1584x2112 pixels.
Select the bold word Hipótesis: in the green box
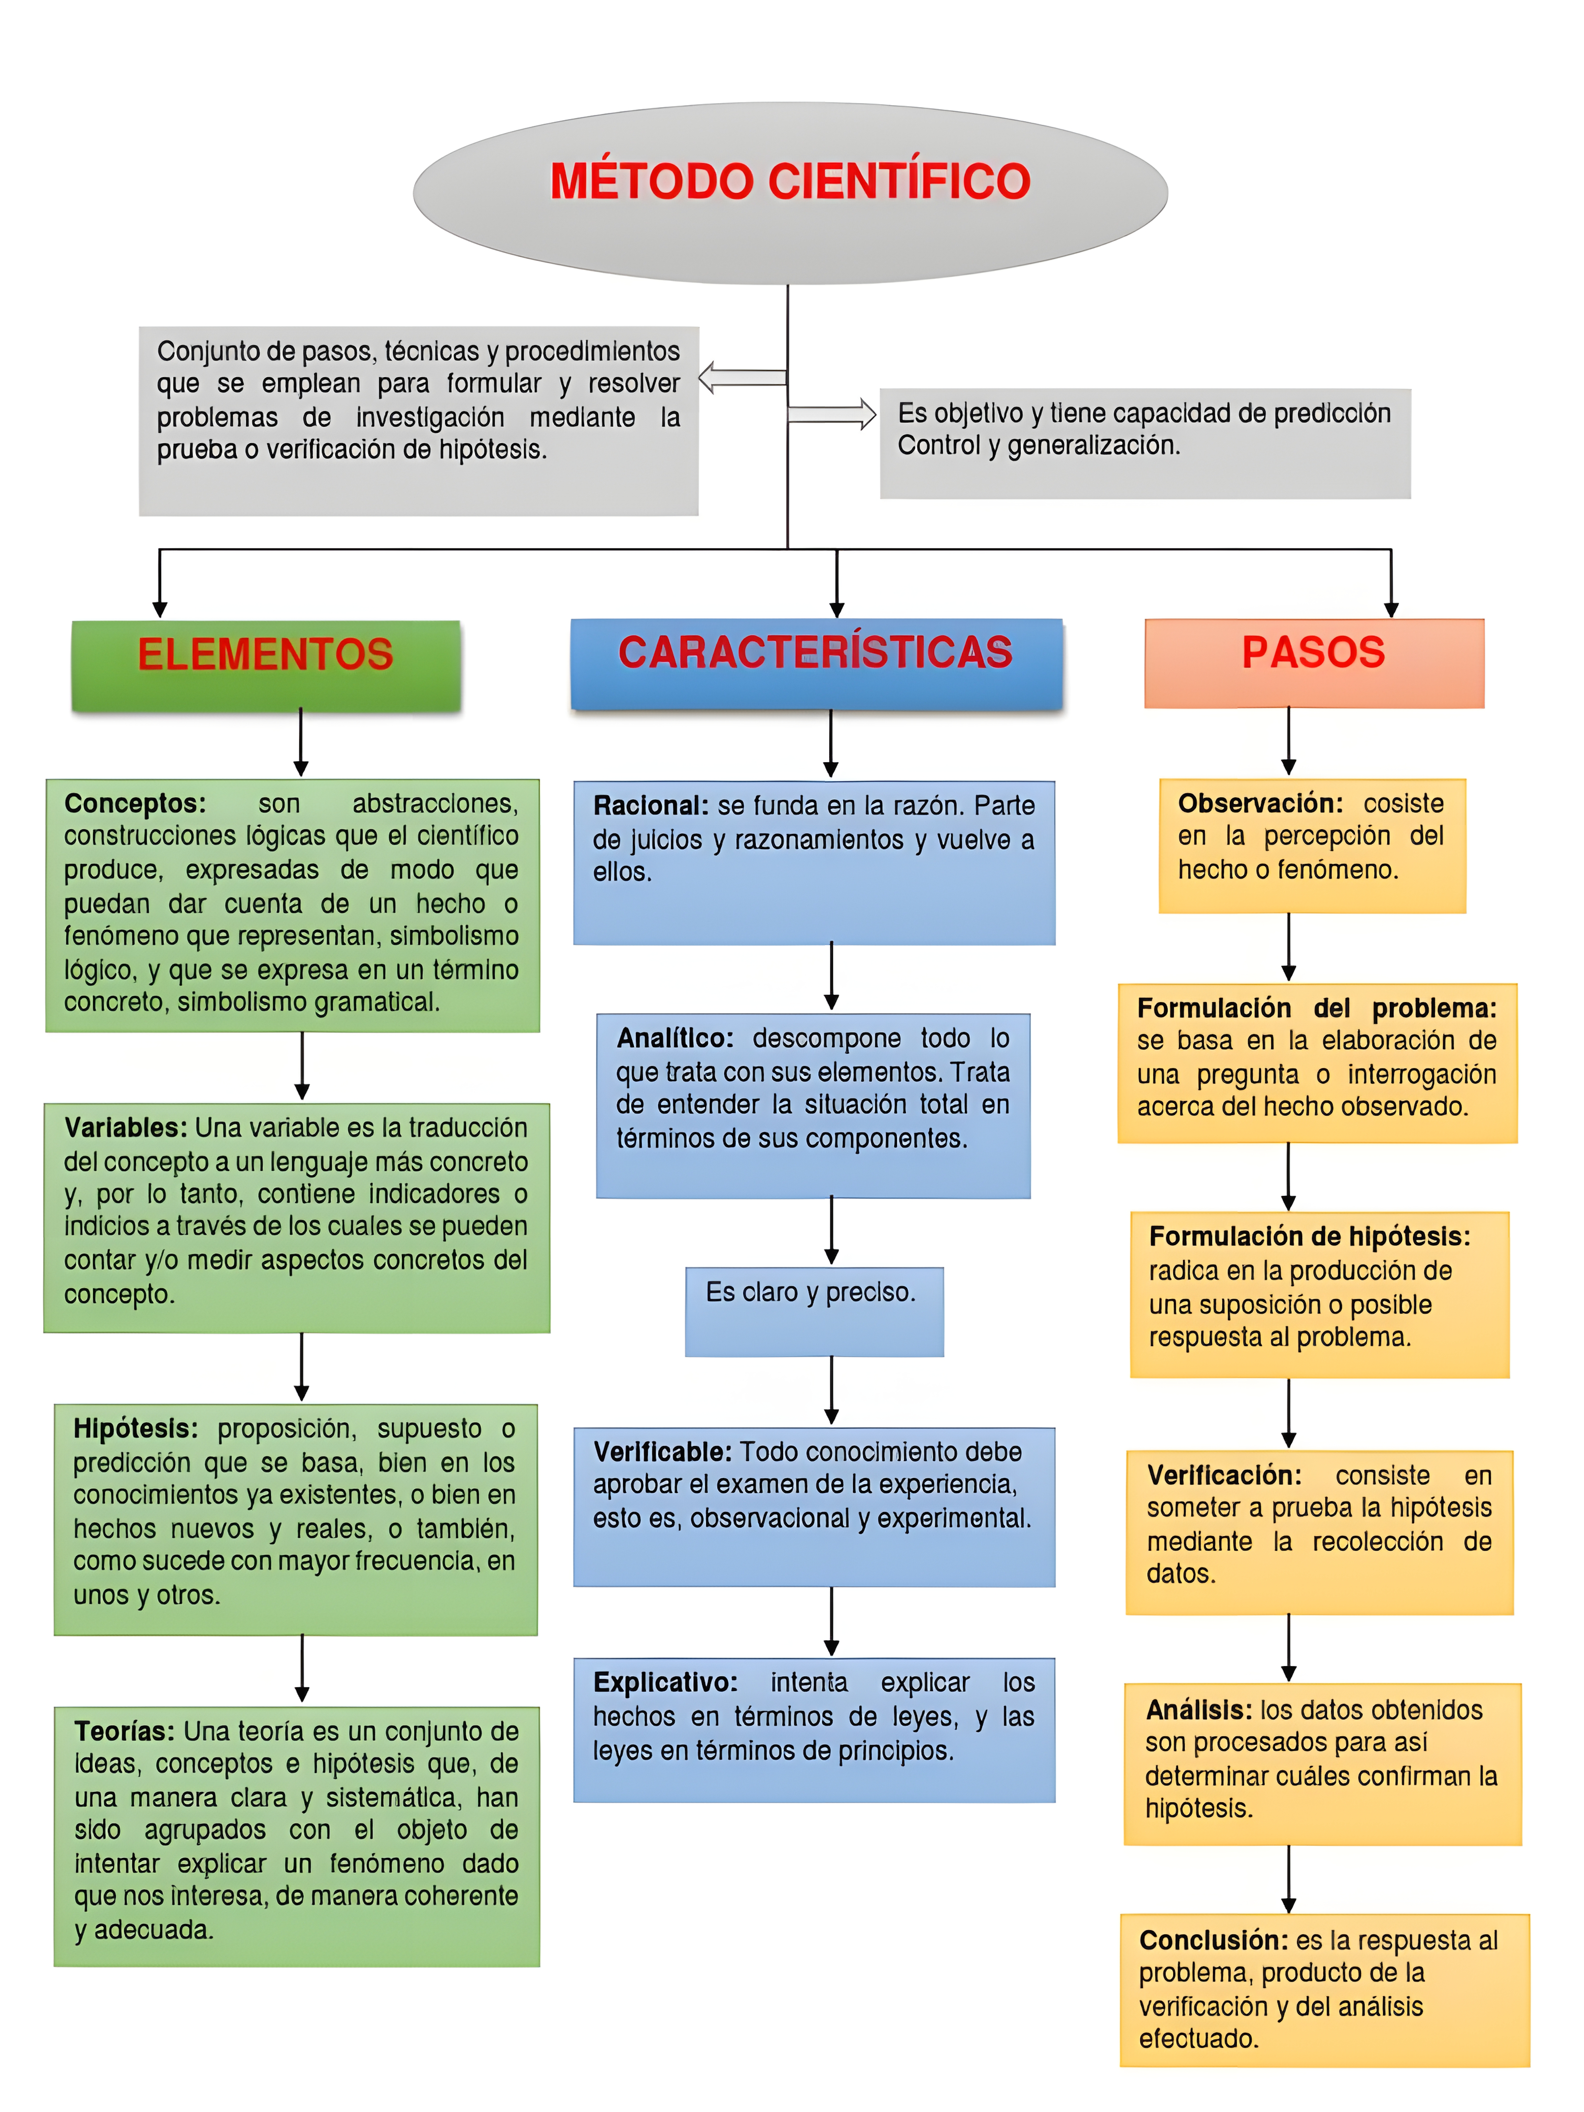[x=136, y=1428]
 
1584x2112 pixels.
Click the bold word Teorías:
[x=124, y=1731]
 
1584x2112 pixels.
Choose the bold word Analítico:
[x=674, y=1038]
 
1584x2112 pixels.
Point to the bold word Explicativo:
[x=665, y=1682]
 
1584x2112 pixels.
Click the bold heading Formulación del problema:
[x=1316, y=1008]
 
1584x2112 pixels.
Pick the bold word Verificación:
[x=1224, y=1475]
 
